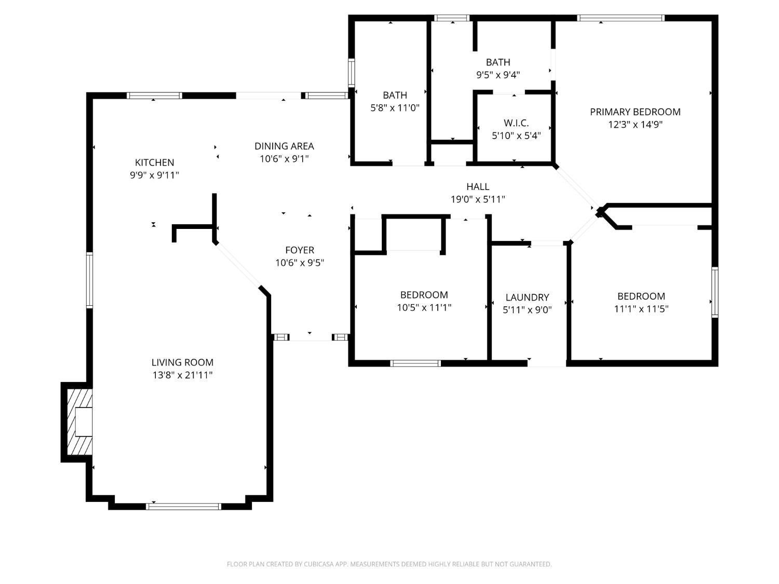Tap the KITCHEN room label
click(x=154, y=162)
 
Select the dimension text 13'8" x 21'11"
click(x=182, y=375)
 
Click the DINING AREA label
click(x=284, y=146)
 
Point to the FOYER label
click(x=300, y=250)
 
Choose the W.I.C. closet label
click(x=516, y=123)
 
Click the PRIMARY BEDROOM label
click(x=635, y=112)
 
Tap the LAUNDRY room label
click(x=527, y=297)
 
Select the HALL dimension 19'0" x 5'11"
click(x=478, y=199)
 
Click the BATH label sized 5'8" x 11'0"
click(x=395, y=95)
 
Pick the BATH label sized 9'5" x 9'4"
click(x=498, y=62)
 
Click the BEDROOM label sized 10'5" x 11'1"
click(x=424, y=295)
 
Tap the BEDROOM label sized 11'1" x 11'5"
click(x=641, y=296)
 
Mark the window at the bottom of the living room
click(x=184, y=506)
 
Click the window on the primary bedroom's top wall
click(x=621, y=18)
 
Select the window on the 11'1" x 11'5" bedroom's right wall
click(x=715, y=292)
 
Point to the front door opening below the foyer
click(x=310, y=337)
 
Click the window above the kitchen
click(x=154, y=96)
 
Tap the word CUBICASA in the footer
click(x=318, y=564)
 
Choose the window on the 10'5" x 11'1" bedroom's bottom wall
click(x=415, y=363)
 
